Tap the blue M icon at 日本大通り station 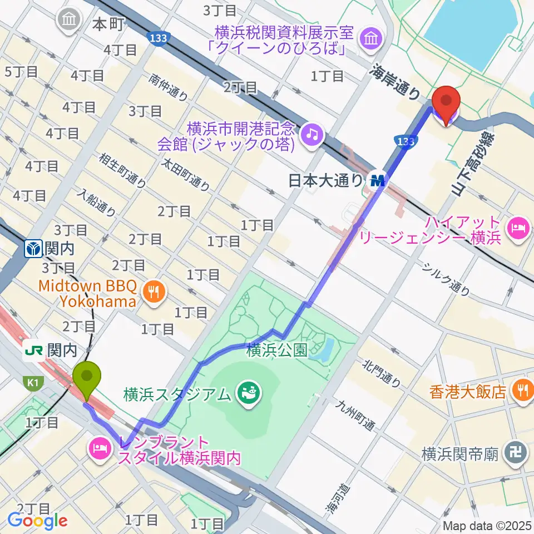(x=380, y=180)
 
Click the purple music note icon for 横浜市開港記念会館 (x=311, y=133)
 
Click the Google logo (x=37, y=520)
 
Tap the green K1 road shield (x=31, y=382)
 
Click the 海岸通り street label (x=396, y=81)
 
